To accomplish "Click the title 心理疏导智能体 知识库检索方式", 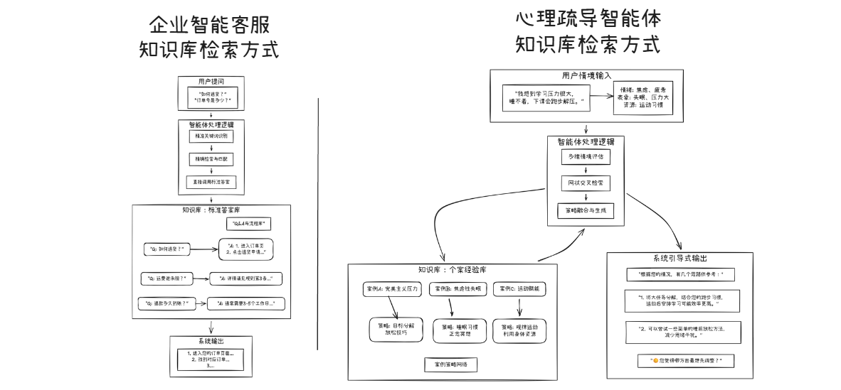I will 588,32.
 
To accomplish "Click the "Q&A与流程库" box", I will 250,224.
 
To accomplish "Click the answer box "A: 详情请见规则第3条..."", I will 246,278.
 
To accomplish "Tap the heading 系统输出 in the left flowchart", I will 211,341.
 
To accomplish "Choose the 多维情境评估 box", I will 585,156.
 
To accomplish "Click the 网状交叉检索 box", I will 585,183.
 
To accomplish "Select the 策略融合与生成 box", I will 585,211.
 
